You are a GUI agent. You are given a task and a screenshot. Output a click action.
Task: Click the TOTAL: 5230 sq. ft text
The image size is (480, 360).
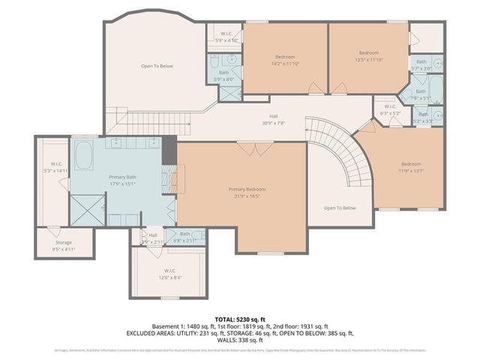pyautogui.click(x=239, y=319)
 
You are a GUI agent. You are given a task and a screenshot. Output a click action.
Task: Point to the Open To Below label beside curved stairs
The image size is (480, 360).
pyautogui.click(x=339, y=208)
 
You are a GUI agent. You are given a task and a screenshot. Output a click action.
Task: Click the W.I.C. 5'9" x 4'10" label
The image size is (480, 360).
pyautogui.click(x=227, y=37)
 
